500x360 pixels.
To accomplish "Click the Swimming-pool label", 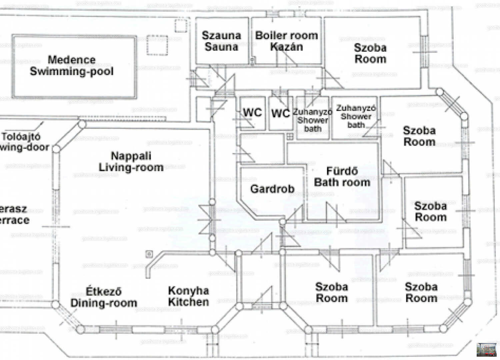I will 72,71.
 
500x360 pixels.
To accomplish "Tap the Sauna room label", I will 221,41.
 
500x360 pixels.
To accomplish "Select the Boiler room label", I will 286,35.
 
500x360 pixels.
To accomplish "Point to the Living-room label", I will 131,162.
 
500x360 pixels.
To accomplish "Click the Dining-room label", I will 104,297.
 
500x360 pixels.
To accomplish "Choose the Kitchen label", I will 189,296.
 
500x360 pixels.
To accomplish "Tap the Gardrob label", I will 272,189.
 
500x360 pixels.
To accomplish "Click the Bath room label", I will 342,177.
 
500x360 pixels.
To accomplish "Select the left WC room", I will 252,113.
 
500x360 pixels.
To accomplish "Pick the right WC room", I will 281,113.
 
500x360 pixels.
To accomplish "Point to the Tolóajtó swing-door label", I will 23,142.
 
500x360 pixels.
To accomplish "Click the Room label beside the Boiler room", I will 370,53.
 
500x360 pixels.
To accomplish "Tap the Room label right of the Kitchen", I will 332,292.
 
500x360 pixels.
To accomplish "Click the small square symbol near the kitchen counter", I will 149,254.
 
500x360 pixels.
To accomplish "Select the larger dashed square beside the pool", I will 157,45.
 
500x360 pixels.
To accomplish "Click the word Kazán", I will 286,47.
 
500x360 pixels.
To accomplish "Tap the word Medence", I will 72,60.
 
